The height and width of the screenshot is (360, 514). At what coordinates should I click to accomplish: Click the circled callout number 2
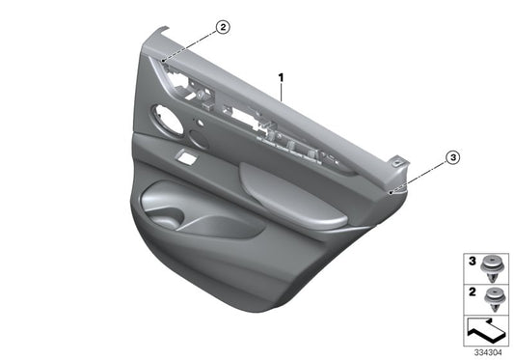(x=223, y=28)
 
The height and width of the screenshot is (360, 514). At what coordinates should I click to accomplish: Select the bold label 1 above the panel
(x=281, y=75)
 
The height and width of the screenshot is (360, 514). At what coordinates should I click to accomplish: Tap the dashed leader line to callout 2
(x=193, y=46)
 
